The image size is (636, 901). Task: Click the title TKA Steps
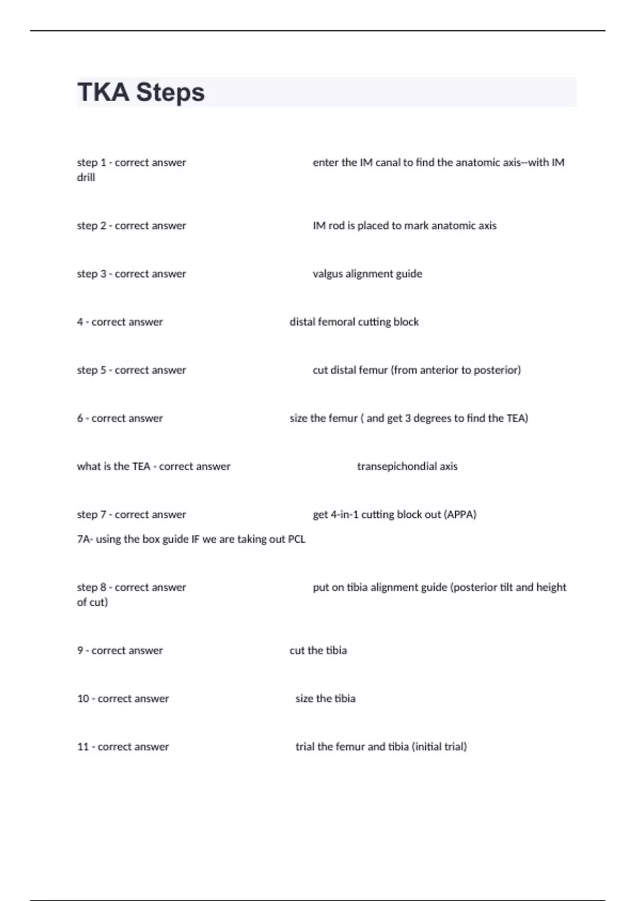pyautogui.click(x=141, y=92)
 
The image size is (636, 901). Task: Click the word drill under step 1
pyautogui.click(x=86, y=178)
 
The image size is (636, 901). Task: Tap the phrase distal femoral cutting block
pyautogui.click(x=354, y=322)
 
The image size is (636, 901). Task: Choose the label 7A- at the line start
pyautogui.click(x=85, y=539)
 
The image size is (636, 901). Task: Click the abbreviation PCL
pyautogui.click(x=296, y=539)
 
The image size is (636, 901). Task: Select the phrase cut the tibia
pyautogui.click(x=318, y=650)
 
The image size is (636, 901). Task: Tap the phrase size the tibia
pyautogui.click(x=325, y=699)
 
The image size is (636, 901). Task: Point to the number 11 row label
pyautogui.click(x=83, y=747)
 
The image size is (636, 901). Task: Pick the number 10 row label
pyautogui.click(x=83, y=699)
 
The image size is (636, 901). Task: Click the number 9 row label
pyautogui.click(x=80, y=650)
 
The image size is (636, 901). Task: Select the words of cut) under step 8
pyautogui.click(x=92, y=602)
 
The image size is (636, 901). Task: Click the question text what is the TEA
pyautogui.click(x=113, y=466)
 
